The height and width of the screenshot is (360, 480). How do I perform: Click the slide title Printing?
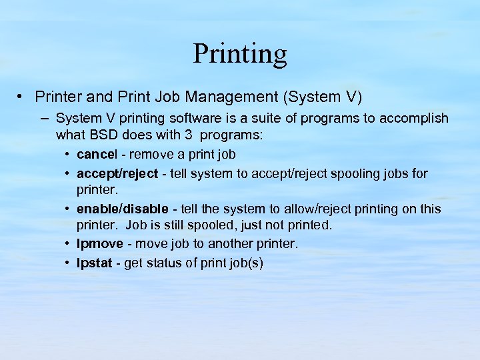coord(240,54)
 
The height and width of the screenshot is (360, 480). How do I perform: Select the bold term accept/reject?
coord(117,173)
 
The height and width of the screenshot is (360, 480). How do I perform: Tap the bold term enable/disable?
coord(123,209)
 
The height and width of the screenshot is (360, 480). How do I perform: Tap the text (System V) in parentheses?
coord(323,97)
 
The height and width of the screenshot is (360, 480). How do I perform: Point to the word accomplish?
coord(415,118)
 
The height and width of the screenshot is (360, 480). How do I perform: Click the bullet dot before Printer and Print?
coord(22,97)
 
